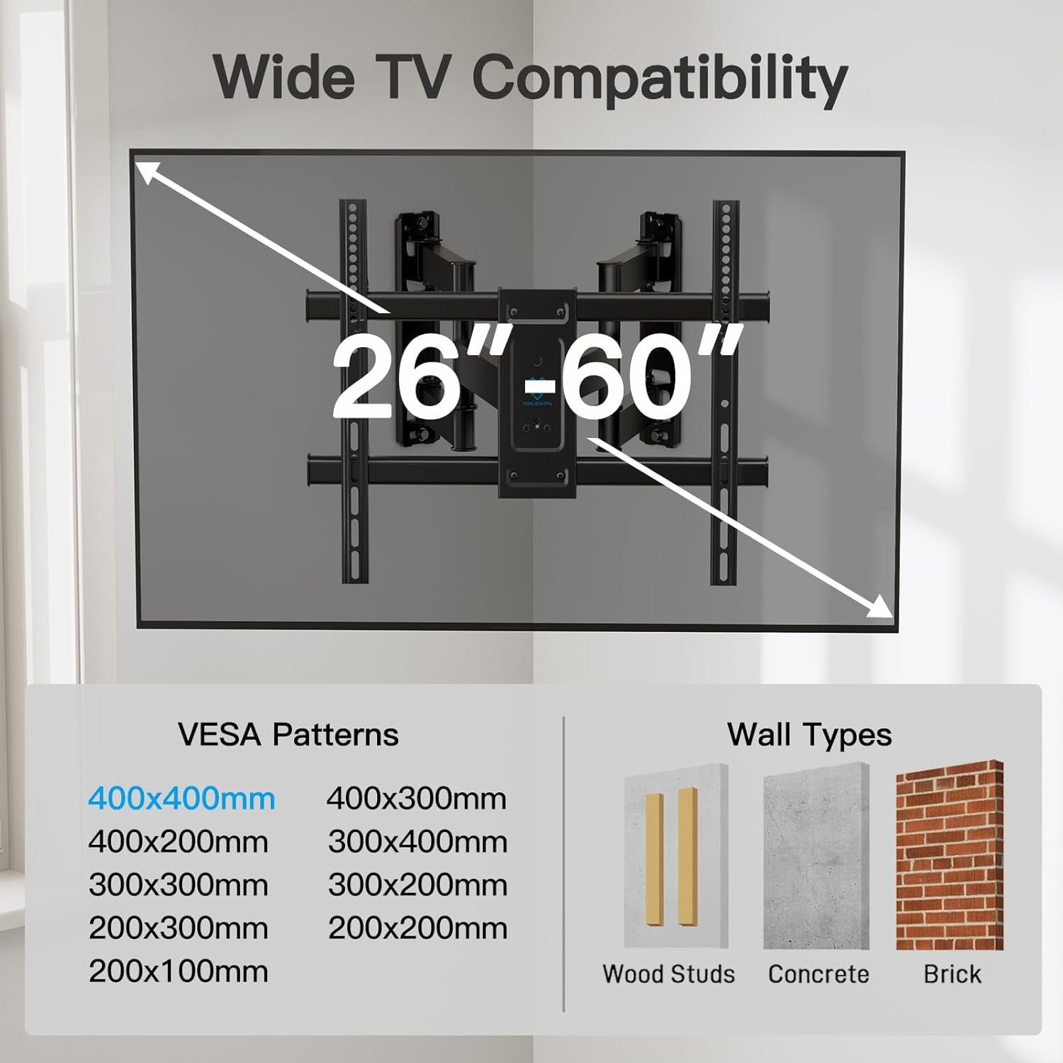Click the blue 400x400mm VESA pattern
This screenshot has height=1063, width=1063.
181,799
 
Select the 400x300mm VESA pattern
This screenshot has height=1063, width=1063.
417,799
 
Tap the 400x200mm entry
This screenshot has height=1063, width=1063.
179,843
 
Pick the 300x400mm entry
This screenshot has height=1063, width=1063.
418,843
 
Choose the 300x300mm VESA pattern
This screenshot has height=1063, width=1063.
179,886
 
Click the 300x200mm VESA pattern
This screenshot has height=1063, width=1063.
418,886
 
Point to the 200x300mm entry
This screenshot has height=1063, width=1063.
179,929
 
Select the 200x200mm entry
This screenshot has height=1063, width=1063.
418,929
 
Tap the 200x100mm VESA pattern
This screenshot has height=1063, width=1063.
179,972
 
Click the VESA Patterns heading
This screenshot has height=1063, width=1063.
288,735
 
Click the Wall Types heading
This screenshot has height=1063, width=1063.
809,735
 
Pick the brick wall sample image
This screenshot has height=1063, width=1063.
950,856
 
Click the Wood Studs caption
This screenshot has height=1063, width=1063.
668,974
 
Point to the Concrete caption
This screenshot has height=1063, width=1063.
819,974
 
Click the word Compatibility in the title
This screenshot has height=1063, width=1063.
659,78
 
